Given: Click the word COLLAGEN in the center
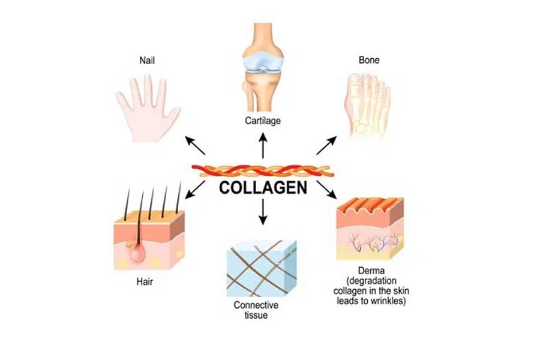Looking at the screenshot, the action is point(263,188).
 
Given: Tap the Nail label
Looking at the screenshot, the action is point(147,61).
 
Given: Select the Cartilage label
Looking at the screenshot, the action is point(263,121).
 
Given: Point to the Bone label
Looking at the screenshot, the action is point(369,60).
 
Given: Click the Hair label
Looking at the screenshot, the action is point(145,282).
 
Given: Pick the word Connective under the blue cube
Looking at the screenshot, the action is point(256,305).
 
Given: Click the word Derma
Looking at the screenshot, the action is point(371,271).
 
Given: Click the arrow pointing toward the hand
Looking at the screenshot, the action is point(195,145).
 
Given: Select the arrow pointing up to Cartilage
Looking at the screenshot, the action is point(263,145).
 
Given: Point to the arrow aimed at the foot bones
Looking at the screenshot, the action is point(326,145).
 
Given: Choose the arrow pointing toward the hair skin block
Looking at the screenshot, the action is point(195,190).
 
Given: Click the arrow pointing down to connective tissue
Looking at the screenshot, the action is point(263,212).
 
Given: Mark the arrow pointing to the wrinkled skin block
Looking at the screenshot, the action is point(327,190).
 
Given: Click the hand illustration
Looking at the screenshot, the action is point(148,109).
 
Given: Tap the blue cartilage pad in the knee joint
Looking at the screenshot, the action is point(263,64).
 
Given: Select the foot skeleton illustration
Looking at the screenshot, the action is point(367,104).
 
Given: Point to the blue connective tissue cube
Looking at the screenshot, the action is point(262,268).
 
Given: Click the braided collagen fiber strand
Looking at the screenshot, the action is point(263,171).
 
